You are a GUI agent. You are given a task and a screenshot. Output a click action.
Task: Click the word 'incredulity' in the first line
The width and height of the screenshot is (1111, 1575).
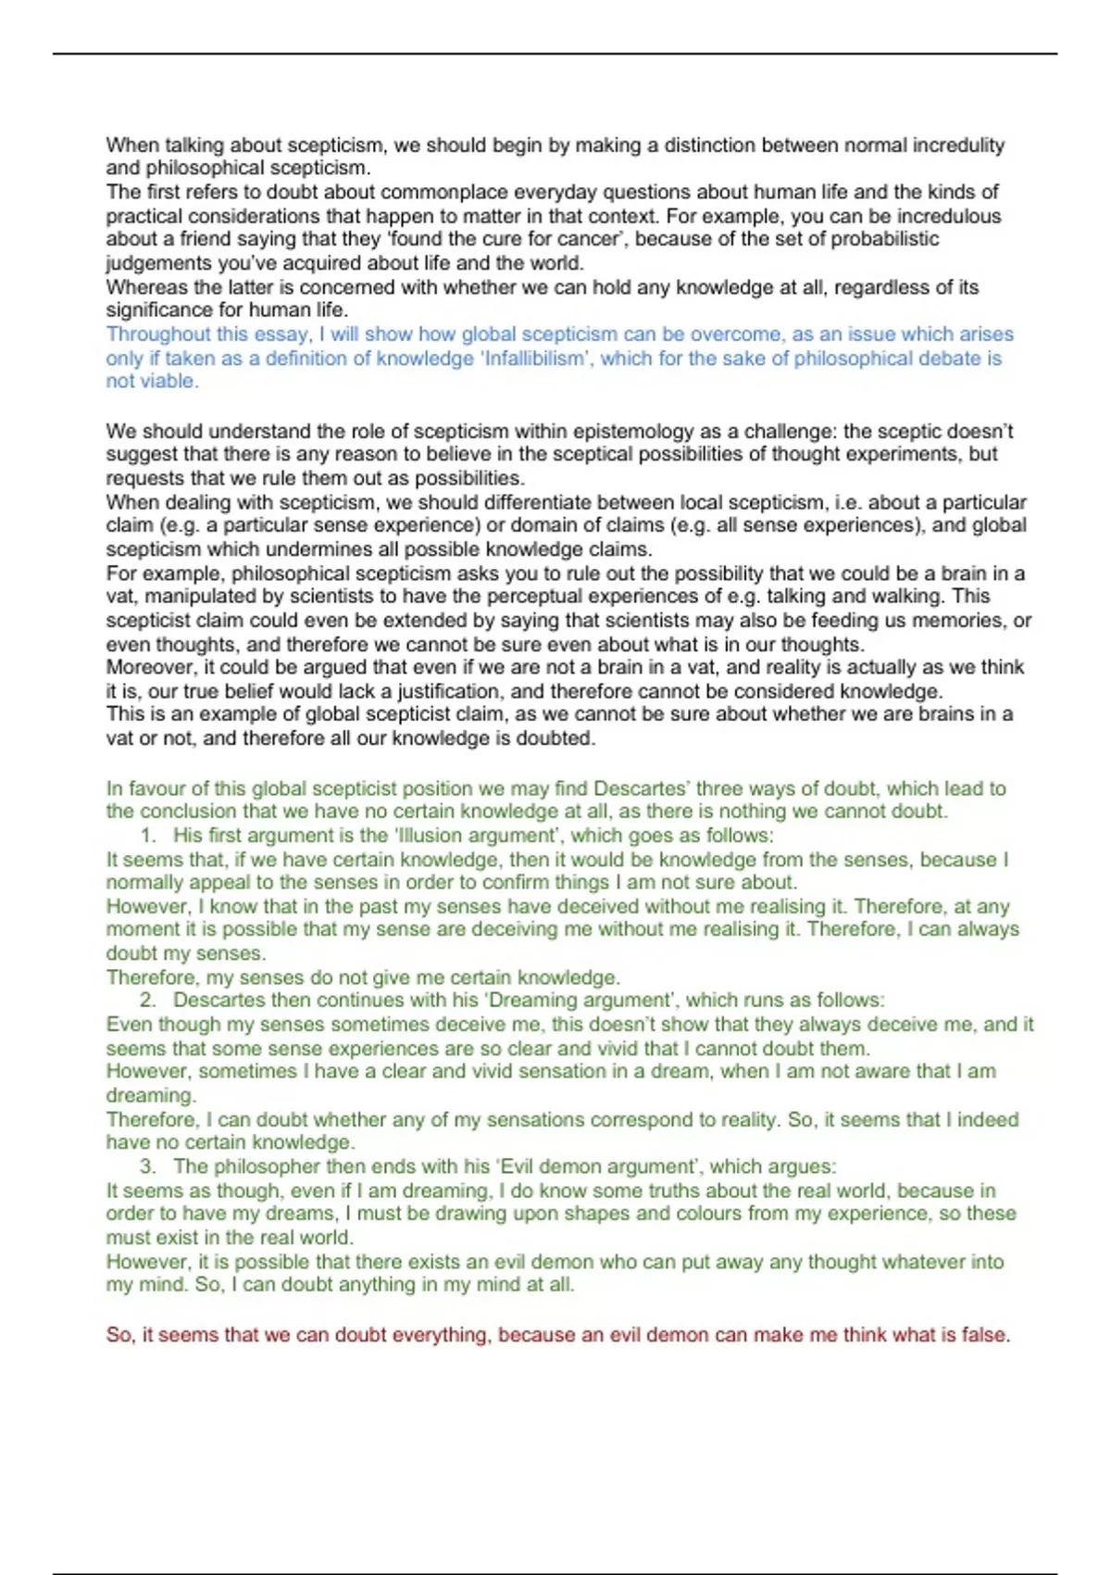point(958,145)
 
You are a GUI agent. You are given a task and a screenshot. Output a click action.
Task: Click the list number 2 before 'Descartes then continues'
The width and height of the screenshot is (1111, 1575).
point(146,1001)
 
